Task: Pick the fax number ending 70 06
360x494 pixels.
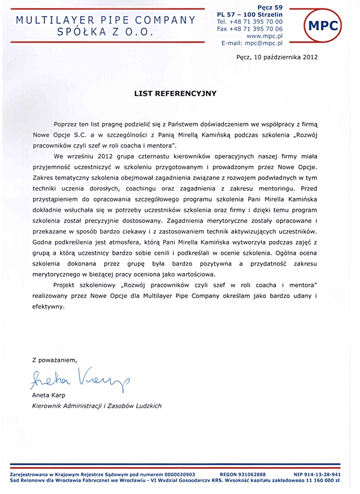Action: [257, 29]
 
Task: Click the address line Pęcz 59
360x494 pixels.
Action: [272, 6]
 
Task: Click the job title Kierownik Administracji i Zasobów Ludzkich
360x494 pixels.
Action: [97, 406]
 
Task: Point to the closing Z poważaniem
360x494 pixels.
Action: [55, 360]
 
